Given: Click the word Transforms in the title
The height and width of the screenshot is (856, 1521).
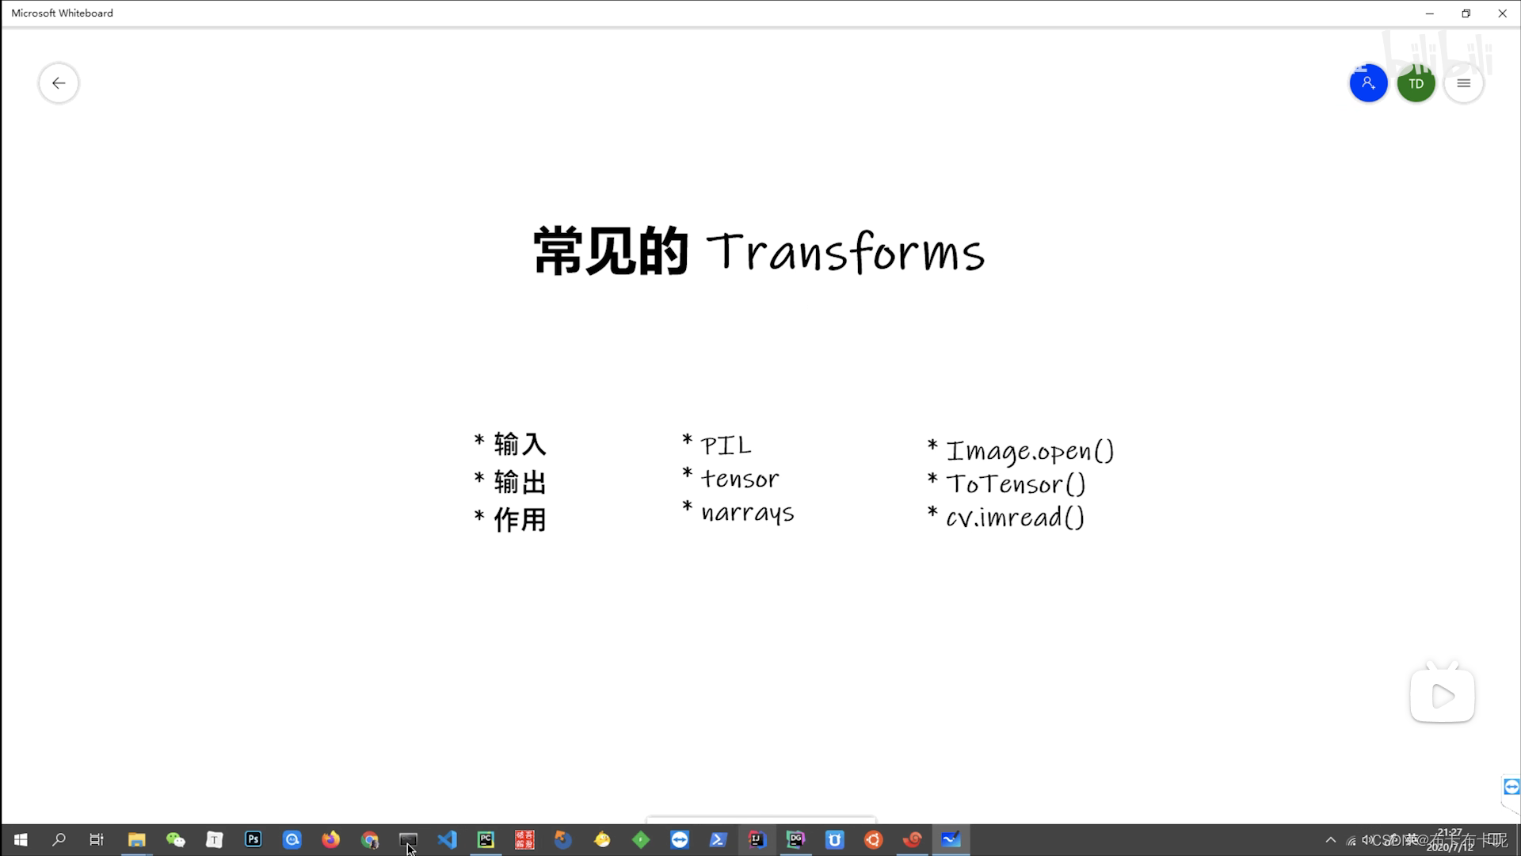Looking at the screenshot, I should (845, 252).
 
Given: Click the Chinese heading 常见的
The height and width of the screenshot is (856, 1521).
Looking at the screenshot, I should (611, 251).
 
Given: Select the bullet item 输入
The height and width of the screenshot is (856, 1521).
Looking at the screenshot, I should (520, 444).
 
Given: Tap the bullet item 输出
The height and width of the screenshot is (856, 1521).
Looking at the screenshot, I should (520, 482).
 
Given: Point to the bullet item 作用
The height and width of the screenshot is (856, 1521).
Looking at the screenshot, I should (520, 520).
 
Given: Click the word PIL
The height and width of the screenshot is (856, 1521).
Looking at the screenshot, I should (726, 445).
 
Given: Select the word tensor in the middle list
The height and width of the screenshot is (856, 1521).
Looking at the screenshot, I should (740, 479).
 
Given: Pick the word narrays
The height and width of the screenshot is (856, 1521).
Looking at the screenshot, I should (747, 513).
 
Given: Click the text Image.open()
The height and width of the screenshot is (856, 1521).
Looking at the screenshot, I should (1030, 451).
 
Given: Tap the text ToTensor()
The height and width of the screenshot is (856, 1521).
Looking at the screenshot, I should (1016, 484).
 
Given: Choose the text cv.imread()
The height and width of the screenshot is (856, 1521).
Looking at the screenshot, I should (1015, 518).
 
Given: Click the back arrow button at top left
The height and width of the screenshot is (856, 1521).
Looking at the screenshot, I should (59, 83).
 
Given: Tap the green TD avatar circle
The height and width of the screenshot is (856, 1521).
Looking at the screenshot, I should (1416, 83).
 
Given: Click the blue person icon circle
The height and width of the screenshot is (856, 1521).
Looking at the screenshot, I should (1368, 83).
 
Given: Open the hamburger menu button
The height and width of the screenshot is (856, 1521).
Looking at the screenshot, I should (1463, 83).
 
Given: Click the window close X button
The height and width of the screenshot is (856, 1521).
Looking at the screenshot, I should (1502, 13).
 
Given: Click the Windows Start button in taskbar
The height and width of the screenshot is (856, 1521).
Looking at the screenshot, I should (21, 839).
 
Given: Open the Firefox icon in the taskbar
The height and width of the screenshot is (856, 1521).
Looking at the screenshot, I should (330, 839).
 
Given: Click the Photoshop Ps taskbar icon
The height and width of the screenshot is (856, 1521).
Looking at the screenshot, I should (253, 839).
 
